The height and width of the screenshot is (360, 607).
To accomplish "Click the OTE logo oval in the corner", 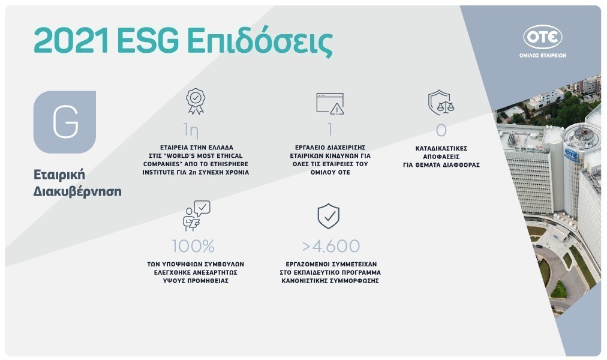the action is pos(542,37).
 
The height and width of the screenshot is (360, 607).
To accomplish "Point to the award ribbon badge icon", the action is pos(196,101).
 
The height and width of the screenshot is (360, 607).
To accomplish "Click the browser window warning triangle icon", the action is pos(330,104).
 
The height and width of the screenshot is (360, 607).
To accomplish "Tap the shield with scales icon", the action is pos(441,103).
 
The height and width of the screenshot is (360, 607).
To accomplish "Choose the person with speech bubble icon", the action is pos(197,215).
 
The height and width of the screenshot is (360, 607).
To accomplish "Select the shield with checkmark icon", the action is pos(328,216).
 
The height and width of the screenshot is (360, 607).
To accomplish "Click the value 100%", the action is pos(193,246).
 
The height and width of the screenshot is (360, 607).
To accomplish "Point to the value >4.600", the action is pos(331,246).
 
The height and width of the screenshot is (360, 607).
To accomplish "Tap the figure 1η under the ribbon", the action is pos(191,130).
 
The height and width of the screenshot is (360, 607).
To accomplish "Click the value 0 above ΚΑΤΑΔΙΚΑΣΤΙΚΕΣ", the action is pos(441,130).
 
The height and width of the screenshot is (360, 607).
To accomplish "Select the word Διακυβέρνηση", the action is pos(77,191).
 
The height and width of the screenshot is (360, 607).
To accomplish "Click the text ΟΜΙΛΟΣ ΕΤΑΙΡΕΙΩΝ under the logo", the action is pos(543,55).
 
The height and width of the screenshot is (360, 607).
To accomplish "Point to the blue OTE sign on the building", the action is pos(572,154).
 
